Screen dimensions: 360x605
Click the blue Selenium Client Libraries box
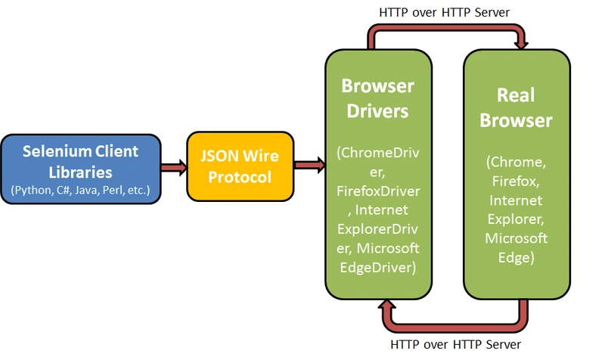(x=81, y=169)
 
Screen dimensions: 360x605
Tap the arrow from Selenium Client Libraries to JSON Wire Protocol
(x=173, y=166)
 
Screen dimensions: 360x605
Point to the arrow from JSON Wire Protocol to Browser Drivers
(x=306, y=165)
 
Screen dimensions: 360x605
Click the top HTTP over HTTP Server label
(x=443, y=12)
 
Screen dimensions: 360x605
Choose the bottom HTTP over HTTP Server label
(x=455, y=345)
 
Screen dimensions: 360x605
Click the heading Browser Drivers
(x=377, y=97)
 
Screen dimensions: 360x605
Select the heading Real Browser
(x=516, y=108)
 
